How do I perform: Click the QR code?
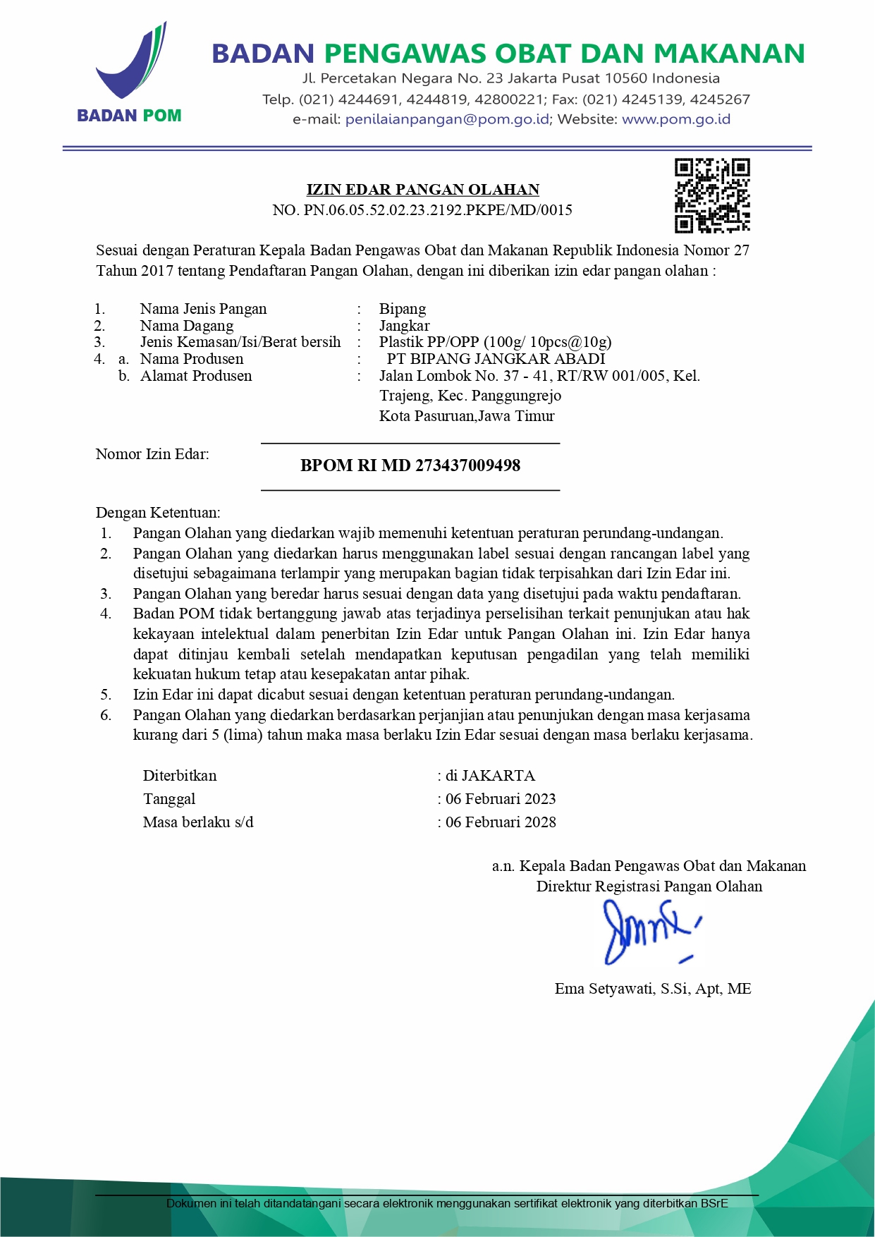(x=712, y=196)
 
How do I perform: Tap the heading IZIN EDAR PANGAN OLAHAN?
(x=422, y=190)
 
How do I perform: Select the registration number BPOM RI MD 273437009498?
(x=410, y=465)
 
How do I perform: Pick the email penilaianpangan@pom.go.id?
(x=447, y=119)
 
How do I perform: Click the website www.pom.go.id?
(x=675, y=119)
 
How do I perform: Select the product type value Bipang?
(x=403, y=309)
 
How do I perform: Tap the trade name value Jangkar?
(x=404, y=326)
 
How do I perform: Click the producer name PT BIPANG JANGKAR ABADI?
(x=496, y=359)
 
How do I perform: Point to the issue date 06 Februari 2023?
(x=501, y=799)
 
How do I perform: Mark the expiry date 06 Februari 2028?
(x=501, y=822)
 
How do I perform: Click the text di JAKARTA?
(x=490, y=776)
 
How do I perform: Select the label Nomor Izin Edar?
(x=152, y=454)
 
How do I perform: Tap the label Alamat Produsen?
(x=196, y=376)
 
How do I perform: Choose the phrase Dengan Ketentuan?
(x=158, y=513)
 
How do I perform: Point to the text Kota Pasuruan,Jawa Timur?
(x=467, y=416)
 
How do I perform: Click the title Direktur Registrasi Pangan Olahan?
(x=649, y=886)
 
